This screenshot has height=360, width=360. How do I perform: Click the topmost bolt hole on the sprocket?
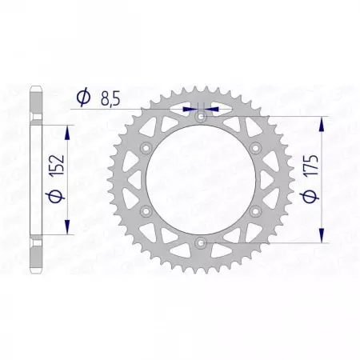click(x=199, y=117)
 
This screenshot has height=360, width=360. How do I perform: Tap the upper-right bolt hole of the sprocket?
click(x=254, y=148)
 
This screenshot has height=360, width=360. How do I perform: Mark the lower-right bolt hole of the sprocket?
click(x=254, y=210)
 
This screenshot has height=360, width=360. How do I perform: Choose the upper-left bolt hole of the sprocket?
click(x=145, y=148)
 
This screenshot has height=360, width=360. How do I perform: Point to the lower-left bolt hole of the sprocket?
click(x=145, y=210)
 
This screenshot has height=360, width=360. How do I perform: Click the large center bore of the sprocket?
click(x=199, y=179)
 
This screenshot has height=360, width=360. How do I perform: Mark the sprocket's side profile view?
click(x=34, y=179)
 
